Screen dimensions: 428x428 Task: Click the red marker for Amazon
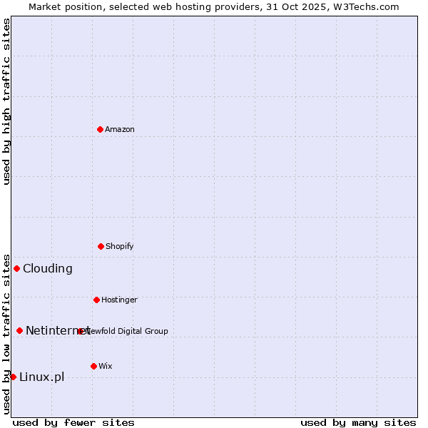(100, 129)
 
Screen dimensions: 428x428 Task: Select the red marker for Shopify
(101, 246)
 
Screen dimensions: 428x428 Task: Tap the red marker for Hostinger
(96, 300)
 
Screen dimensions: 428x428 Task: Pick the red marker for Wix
(93, 366)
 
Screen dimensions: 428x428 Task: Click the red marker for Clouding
(16, 268)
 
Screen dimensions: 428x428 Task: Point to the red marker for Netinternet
(19, 330)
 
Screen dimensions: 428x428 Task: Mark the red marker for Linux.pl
(13, 377)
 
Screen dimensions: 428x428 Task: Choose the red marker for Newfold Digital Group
(80, 331)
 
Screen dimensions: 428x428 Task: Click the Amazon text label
(120, 129)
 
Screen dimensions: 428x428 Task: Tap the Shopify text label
(120, 246)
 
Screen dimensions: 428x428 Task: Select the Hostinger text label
(119, 300)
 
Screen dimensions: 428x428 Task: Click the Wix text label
(106, 366)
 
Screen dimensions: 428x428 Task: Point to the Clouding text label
(48, 268)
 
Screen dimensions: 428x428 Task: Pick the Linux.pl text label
(41, 377)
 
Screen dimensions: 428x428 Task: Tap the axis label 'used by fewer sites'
(73, 422)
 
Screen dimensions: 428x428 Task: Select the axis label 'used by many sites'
(358, 422)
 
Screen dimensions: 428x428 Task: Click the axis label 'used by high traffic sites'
(7, 101)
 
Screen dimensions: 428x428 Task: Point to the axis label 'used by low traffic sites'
(7, 333)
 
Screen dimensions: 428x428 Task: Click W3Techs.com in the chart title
(365, 6)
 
